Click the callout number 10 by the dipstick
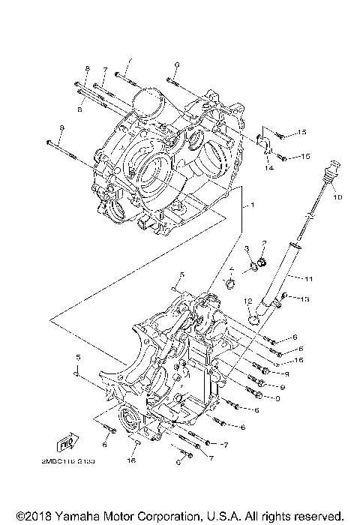pos(337,197)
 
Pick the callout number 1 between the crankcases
pos(253,205)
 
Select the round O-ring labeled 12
pos(255,319)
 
